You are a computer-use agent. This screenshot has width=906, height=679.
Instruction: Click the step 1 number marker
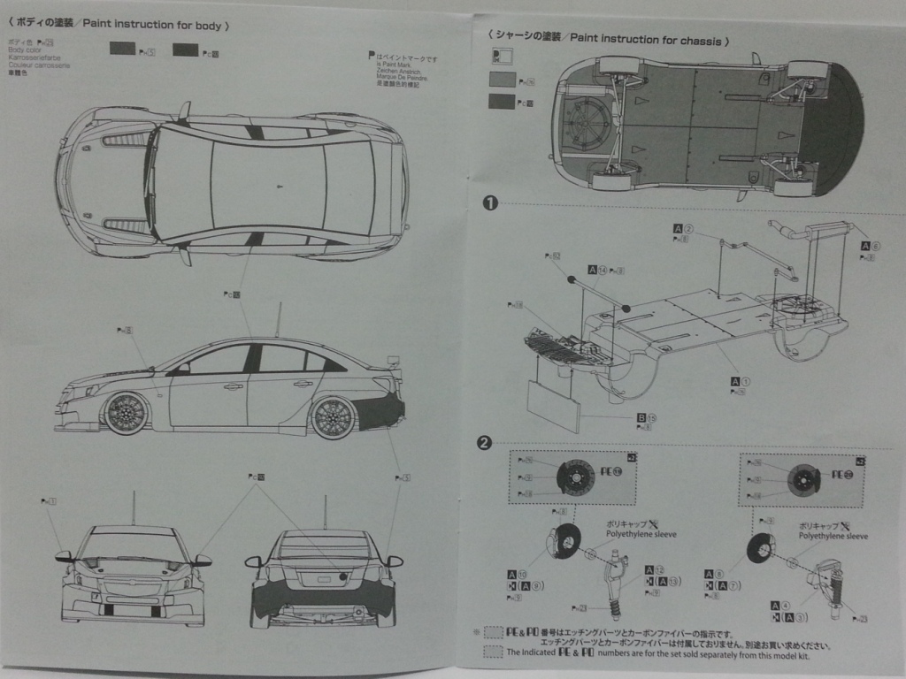(490, 202)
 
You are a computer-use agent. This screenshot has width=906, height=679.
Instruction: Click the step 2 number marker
(484, 443)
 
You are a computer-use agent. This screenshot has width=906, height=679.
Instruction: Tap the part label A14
(596, 270)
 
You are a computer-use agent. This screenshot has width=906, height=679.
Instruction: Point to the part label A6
(869, 247)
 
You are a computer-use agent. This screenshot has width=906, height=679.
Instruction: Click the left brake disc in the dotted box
(576, 478)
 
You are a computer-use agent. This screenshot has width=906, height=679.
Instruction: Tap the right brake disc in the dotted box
(803, 478)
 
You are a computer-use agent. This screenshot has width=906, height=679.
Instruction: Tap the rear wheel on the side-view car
(333, 416)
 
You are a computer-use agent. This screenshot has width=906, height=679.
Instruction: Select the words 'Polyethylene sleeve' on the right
(833, 536)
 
